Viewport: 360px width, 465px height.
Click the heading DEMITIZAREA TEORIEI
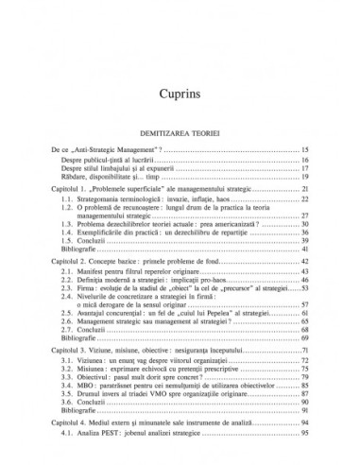point(180,133)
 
